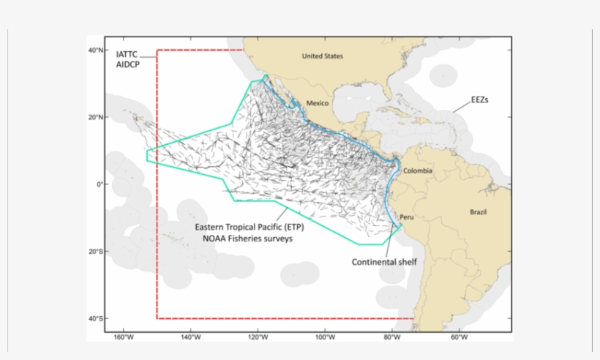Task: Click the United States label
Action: [323, 56]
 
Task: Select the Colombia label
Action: [417, 171]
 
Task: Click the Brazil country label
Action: [479, 212]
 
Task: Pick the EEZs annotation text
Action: [479, 97]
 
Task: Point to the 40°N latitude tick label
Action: [96, 50]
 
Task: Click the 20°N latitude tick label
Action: [96, 117]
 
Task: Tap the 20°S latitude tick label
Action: [96, 252]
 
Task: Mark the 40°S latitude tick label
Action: [96, 318]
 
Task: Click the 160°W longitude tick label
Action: [124, 337]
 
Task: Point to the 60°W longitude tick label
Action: [459, 337]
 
